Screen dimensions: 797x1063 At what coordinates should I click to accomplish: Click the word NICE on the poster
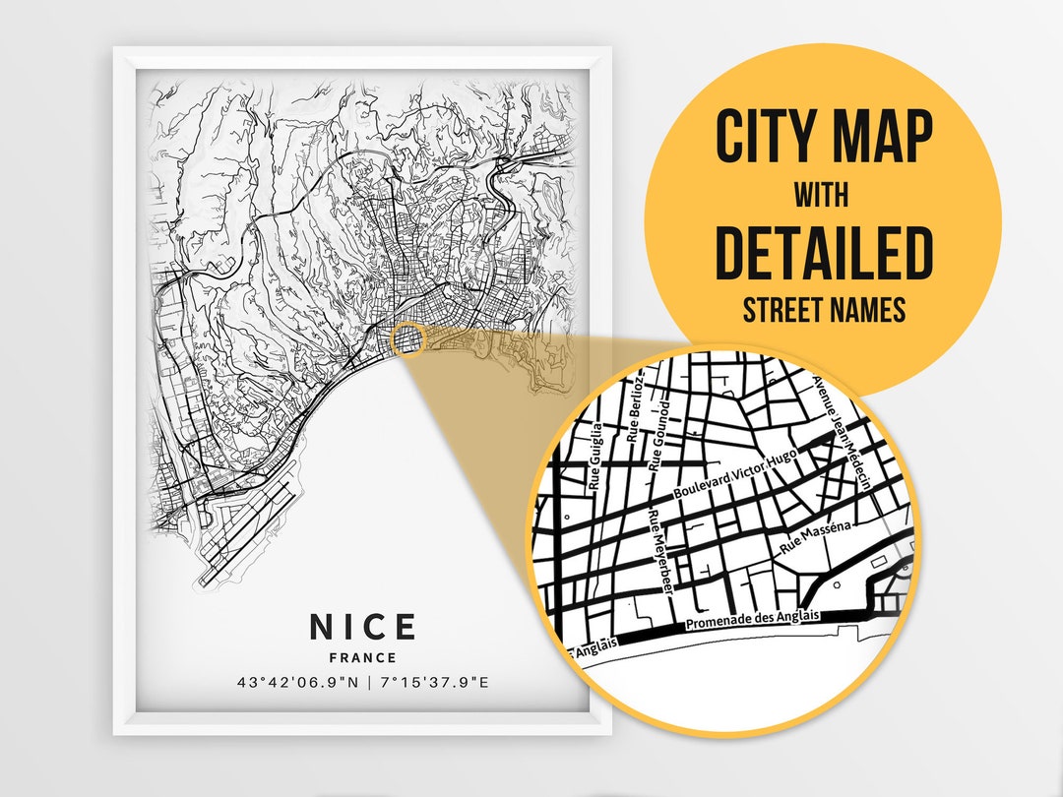[363, 627]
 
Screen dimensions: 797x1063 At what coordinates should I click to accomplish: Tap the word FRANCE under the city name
[363, 657]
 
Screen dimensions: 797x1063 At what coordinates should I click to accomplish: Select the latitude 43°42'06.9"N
[297, 682]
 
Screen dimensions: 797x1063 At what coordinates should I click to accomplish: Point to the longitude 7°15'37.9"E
[434, 682]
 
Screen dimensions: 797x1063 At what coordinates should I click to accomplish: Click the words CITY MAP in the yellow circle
[823, 138]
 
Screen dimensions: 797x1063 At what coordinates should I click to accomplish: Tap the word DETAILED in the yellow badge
[823, 253]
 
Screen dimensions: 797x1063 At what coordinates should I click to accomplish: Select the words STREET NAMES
[823, 311]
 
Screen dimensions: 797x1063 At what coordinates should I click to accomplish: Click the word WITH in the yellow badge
[823, 196]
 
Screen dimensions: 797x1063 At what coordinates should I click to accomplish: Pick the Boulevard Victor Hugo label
[734, 474]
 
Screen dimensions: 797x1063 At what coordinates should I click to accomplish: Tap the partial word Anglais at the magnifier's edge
[592, 646]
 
